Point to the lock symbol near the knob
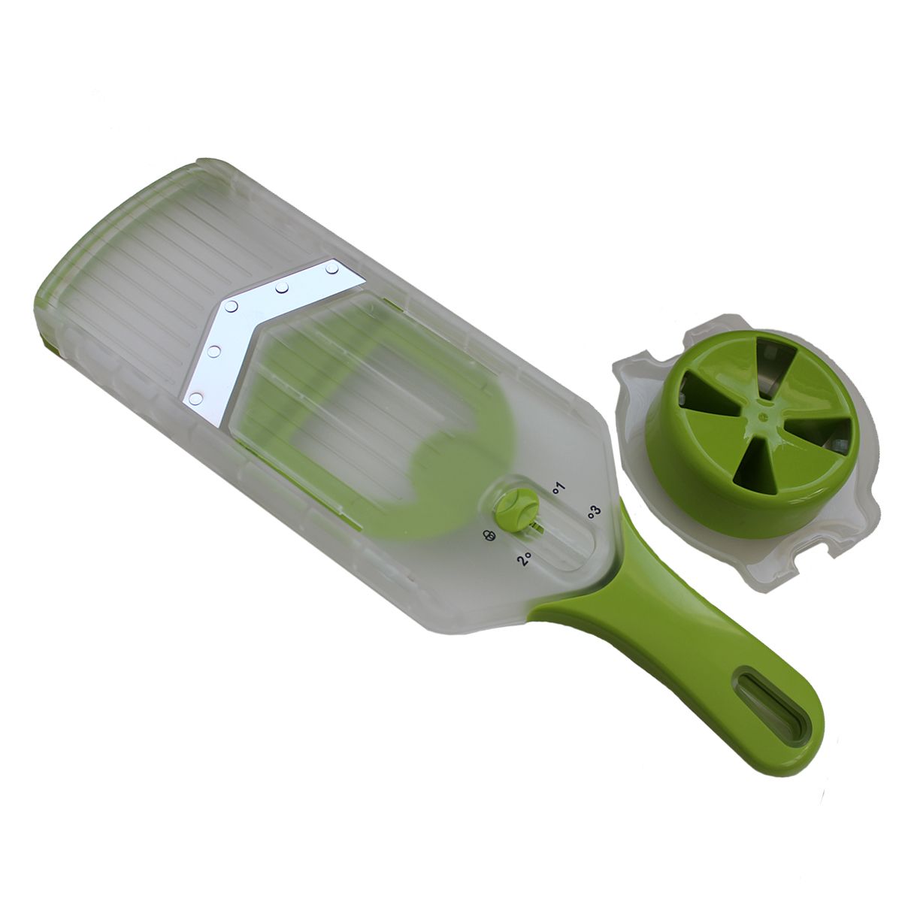[x=489, y=535]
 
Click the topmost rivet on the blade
[x=332, y=268]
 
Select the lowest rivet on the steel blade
[x=197, y=399]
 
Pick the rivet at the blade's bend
[x=231, y=307]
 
